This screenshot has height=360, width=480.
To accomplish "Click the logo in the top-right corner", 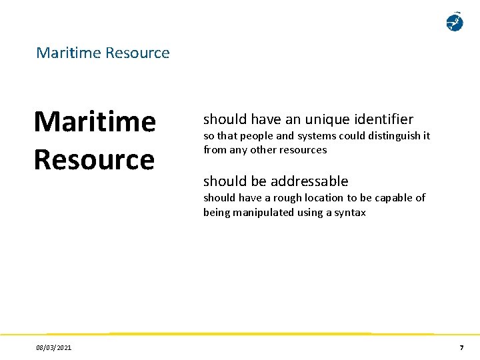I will [454, 22].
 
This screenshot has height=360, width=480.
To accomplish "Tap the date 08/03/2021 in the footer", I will [55, 348].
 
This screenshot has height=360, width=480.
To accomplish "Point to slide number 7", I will [461, 348].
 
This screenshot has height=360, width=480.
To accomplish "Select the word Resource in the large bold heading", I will [93, 159].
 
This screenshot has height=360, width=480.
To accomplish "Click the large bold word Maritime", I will [95, 122].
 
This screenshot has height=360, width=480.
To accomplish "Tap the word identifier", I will [383, 119].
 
